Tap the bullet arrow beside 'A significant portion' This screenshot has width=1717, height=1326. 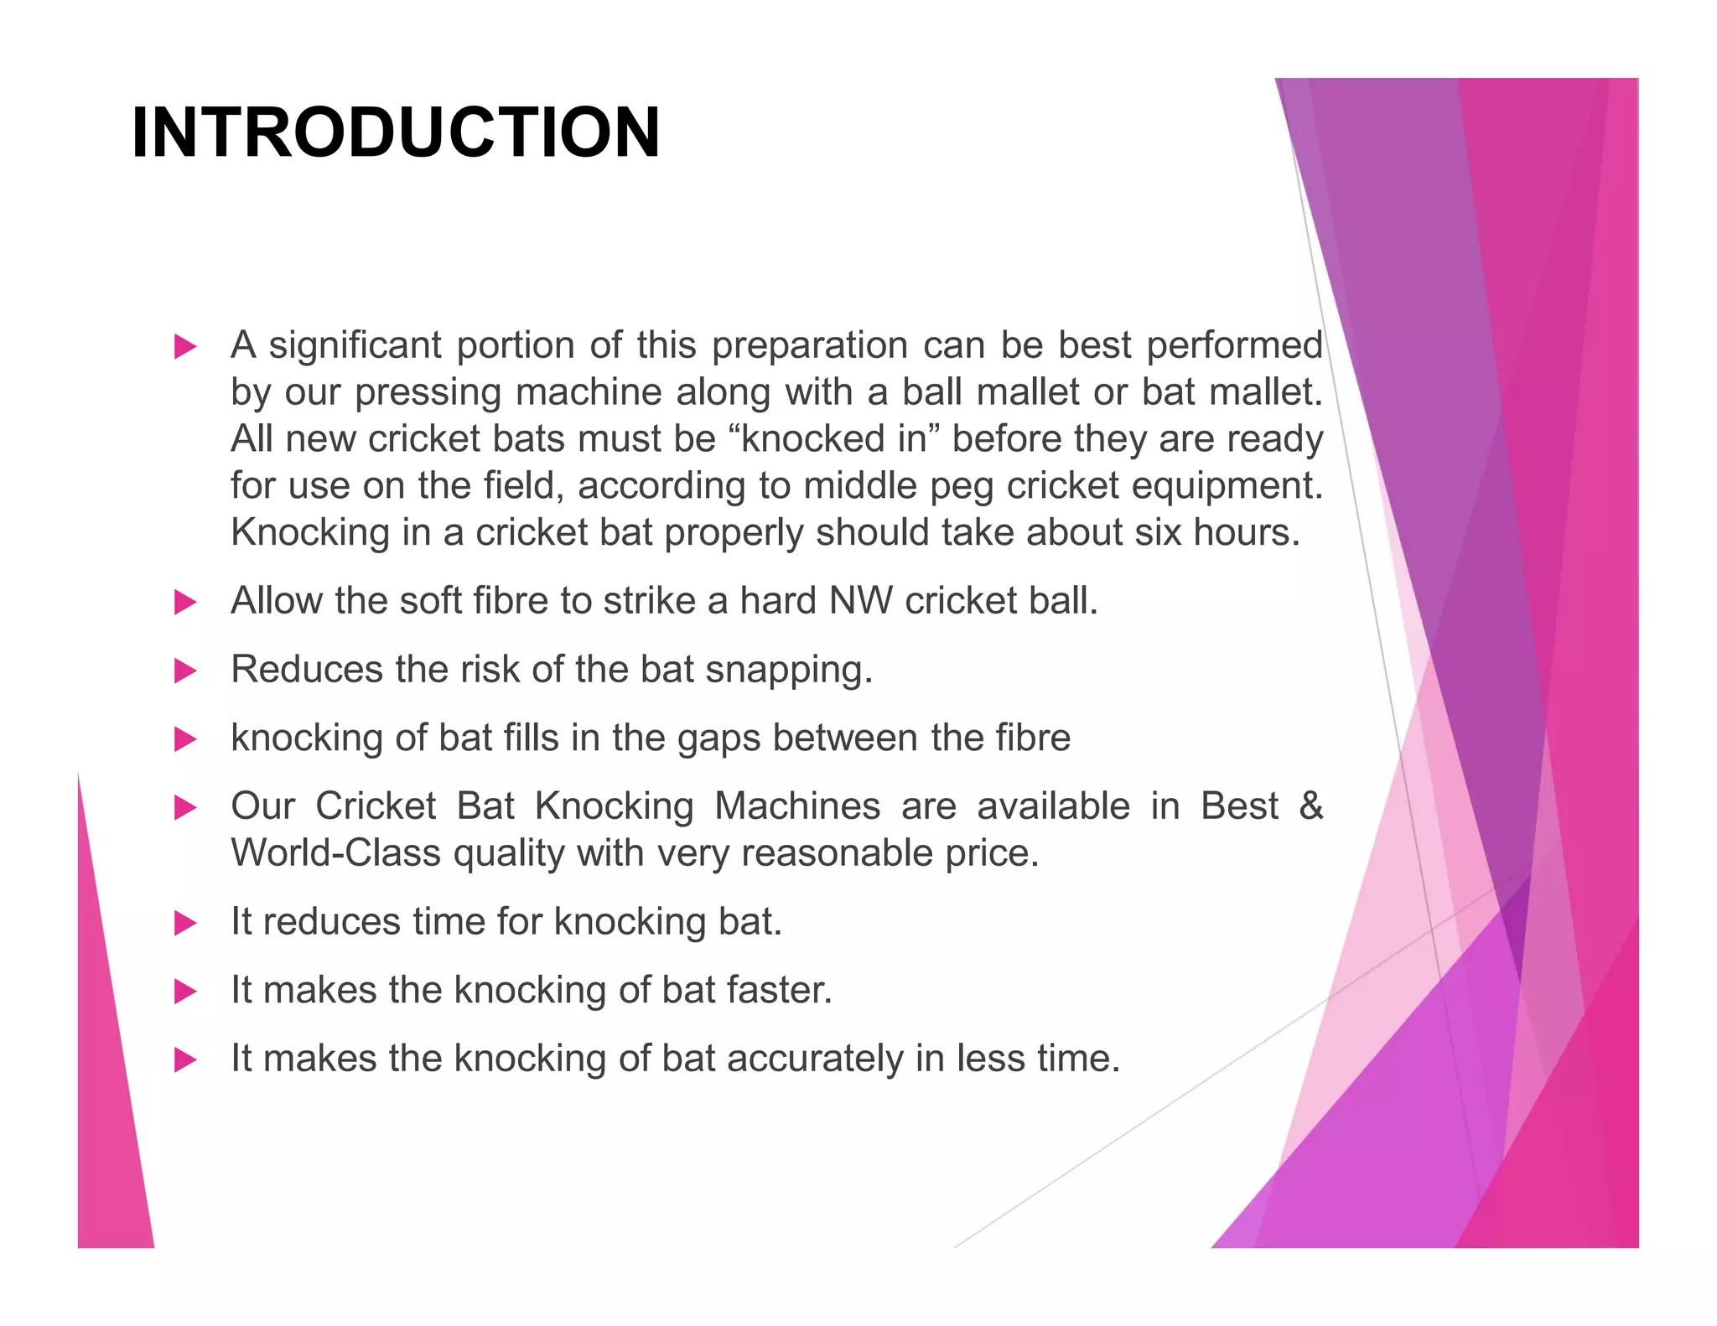pyautogui.click(x=184, y=346)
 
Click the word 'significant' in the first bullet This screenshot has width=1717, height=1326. pyautogui.click(x=355, y=345)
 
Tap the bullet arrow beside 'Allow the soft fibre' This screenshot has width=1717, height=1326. pyautogui.click(x=184, y=602)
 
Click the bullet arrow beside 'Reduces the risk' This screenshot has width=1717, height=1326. pyautogui.click(x=184, y=671)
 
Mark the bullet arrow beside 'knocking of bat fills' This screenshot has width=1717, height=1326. pyautogui.click(x=184, y=739)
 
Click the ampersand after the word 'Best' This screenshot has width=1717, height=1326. pyautogui.click(x=1310, y=806)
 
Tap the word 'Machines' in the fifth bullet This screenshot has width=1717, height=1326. pyautogui.click(x=796, y=806)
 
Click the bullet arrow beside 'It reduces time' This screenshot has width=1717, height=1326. pyautogui.click(x=184, y=923)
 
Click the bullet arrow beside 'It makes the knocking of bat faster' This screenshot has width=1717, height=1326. pyautogui.click(x=184, y=992)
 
